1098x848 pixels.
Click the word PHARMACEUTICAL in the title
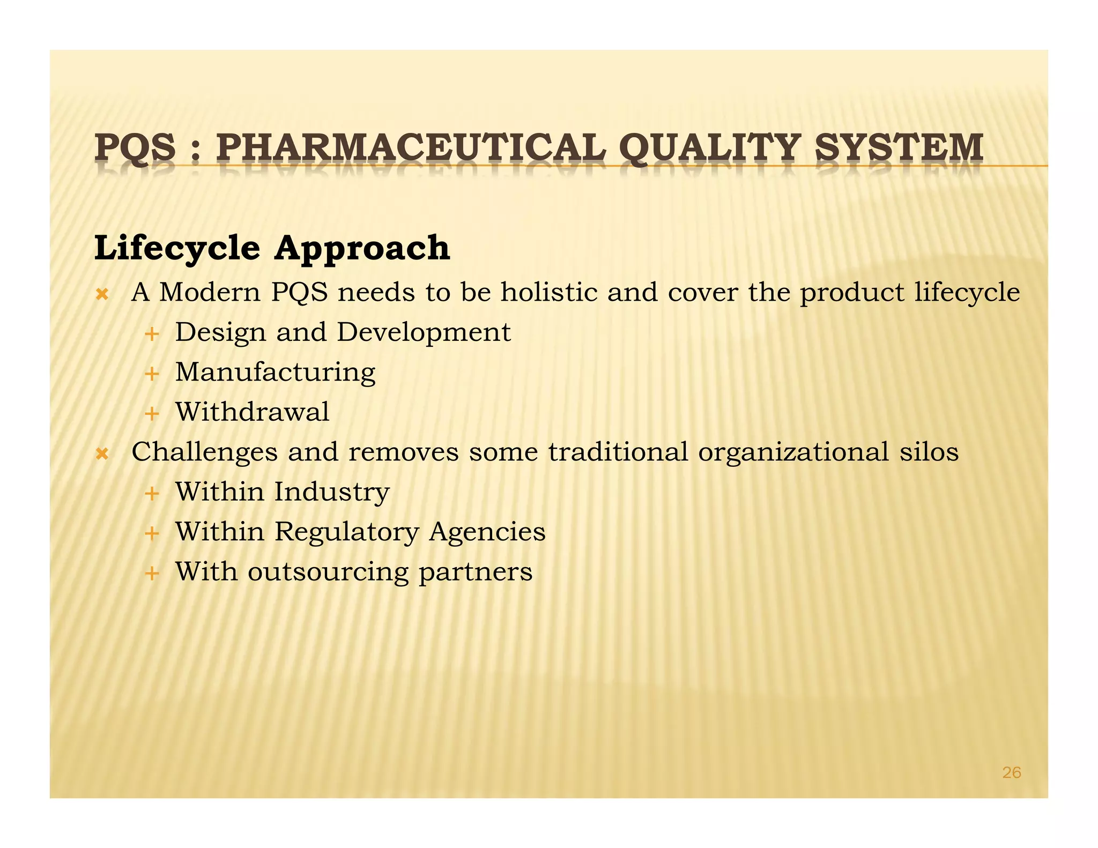tap(411, 147)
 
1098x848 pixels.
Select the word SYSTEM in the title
tap(899, 147)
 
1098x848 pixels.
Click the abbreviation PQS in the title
tap(135, 148)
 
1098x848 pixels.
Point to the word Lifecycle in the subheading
tap(177, 249)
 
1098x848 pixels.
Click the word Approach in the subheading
tap(362, 249)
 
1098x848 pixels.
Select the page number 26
tap(1011, 772)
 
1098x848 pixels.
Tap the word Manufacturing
tap(276, 373)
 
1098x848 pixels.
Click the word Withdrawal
tap(253, 412)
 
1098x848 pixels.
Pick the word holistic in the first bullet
tap(549, 293)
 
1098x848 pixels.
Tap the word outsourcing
tap(328, 572)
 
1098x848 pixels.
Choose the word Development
tap(424, 333)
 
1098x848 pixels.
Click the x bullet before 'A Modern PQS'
tap(102, 294)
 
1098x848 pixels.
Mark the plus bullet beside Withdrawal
tap(152, 414)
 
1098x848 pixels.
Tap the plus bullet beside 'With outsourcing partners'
tap(152, 574)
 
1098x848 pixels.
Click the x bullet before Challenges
tap(102, 454)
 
